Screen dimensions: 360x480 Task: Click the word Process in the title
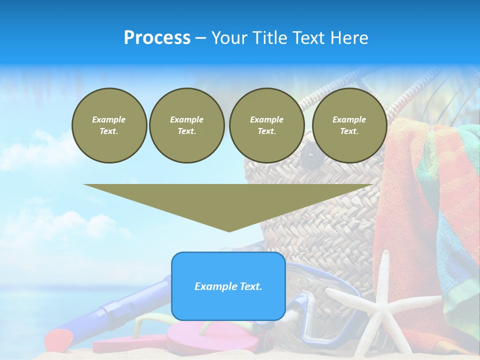[x=157, y=38]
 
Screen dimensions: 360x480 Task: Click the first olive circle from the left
[x=109, y=125]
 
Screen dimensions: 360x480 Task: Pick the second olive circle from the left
[x=186, y=125]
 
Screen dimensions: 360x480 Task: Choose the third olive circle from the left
[x=266, y=125]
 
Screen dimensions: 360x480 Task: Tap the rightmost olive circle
[x=349, y=125]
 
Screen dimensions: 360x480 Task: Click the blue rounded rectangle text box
[x=228, y=286]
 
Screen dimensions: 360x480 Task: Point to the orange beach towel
[x=400, y=200]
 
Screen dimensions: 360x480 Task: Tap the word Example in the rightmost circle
[x=349, y=119]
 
